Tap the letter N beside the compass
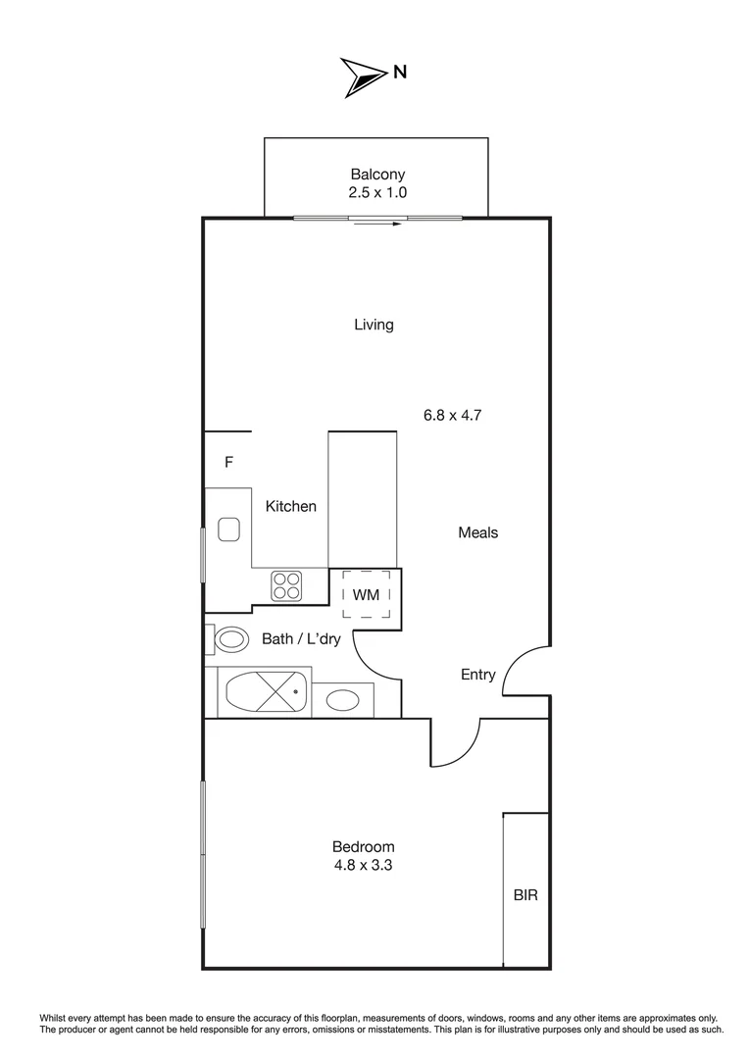click(x=400, y=72)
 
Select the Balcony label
click(x=377, y=175)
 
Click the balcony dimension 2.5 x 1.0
click(x=377, y=193)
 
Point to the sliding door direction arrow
click(x=378, y=225)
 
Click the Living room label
click(x=374, y=325)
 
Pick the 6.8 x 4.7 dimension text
click(x=452, y=415)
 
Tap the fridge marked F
click(x=228, y=462)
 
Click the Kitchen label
click(x=291, y=506)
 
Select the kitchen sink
click(x=229, y=529)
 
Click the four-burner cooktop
click(x=286, y=585)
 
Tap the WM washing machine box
click(x=366, y=594)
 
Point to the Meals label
click(x=478, y=532)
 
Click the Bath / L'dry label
click(x=301, y=639)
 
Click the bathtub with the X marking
click(x=267, y=693)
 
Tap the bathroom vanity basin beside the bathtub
click(x=342, y=700)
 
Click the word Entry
click(x=478, y=675)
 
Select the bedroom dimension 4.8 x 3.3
click(x=363, y=865)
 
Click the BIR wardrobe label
click(x=525, y=894)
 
